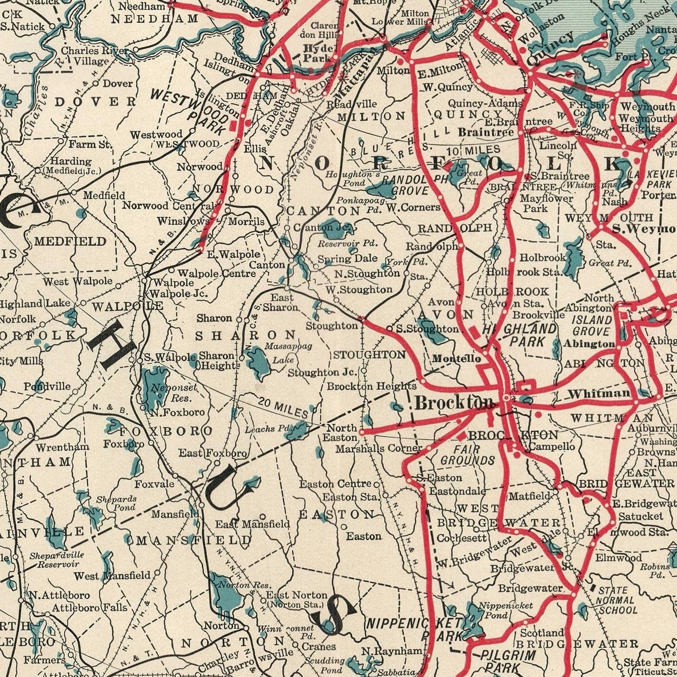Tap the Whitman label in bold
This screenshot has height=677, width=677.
point(599,394)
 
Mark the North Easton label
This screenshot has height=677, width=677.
point(342,432)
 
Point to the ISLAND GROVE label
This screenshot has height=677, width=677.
point(591,326)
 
